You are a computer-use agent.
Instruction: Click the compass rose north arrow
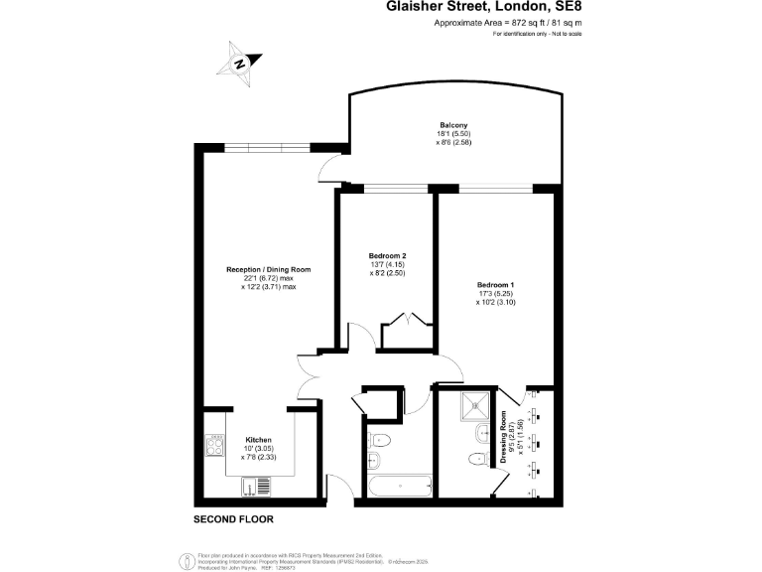pyautogui.click(x=239, y=62)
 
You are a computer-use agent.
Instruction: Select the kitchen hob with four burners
pyautogui.click(x=216, y=445)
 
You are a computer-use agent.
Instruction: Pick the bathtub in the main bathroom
pyautogui.click(x=399, y=488)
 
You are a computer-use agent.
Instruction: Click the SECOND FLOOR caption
pyautogui.click(x=233, y=519)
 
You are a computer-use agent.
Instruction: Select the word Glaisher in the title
pyautogui.click(x=422, y=7)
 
